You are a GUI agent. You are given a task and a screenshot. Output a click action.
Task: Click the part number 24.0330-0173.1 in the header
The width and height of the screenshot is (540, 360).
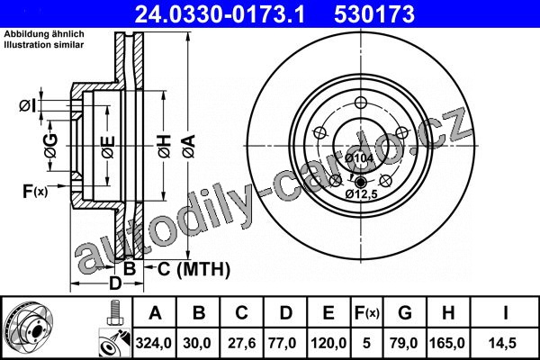220,14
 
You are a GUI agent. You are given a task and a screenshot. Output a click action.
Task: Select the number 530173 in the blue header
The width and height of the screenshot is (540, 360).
374,14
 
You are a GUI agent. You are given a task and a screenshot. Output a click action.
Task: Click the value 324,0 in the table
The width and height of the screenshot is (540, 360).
154,343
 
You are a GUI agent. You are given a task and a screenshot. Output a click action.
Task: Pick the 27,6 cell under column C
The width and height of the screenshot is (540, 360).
242,343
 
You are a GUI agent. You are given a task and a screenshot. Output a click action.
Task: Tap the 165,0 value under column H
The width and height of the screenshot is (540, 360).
447,343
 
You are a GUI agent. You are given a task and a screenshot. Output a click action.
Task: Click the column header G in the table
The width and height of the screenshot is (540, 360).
405,313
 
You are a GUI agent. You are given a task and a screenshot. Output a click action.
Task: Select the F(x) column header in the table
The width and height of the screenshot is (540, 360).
367,313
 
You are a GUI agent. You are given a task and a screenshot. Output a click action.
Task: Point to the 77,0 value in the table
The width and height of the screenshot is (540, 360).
282,343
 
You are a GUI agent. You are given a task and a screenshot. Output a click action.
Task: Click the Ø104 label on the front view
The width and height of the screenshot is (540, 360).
359,158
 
